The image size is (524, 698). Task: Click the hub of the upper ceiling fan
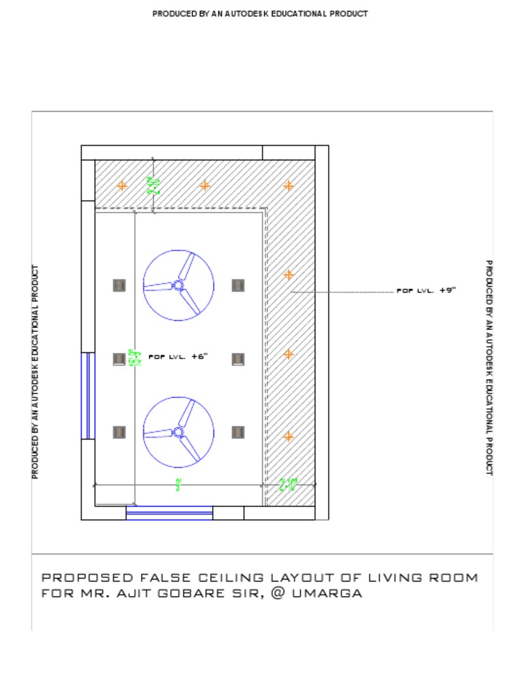coord(178,285)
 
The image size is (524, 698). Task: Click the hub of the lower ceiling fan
coord(178,431)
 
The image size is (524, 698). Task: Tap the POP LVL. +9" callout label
coord(426,290)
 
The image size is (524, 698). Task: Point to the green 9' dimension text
coord(178,485)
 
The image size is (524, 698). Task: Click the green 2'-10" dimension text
coord(289,485)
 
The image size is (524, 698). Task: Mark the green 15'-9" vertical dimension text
coord(134,357)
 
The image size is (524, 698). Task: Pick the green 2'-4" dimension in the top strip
coord(154,185)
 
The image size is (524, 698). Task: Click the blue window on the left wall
coord(88,395)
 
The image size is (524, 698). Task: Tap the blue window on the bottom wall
coord(169,513)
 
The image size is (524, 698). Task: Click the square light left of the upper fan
coord(119,285)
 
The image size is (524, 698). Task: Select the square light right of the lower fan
coord(238,431)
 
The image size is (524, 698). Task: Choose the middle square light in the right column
coord(238,359)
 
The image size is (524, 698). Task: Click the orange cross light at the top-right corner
coord(289,185)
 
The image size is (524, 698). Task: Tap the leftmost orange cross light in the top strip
coord(122,185)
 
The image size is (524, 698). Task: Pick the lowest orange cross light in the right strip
coord(289,436)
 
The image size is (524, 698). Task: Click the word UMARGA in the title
coord(327,593)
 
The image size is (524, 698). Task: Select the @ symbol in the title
coord(278,593)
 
